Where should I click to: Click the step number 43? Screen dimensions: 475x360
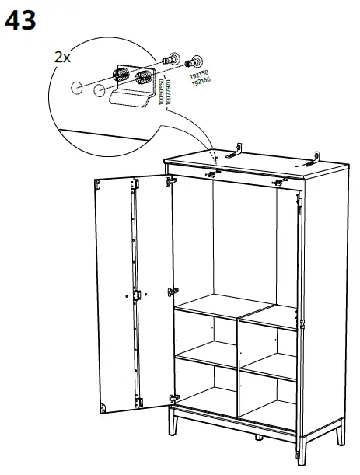[x=21, y=20]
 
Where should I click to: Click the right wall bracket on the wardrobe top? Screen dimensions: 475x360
[x=313, y=160]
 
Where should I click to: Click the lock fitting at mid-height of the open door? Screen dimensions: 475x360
[x=137, y=295]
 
